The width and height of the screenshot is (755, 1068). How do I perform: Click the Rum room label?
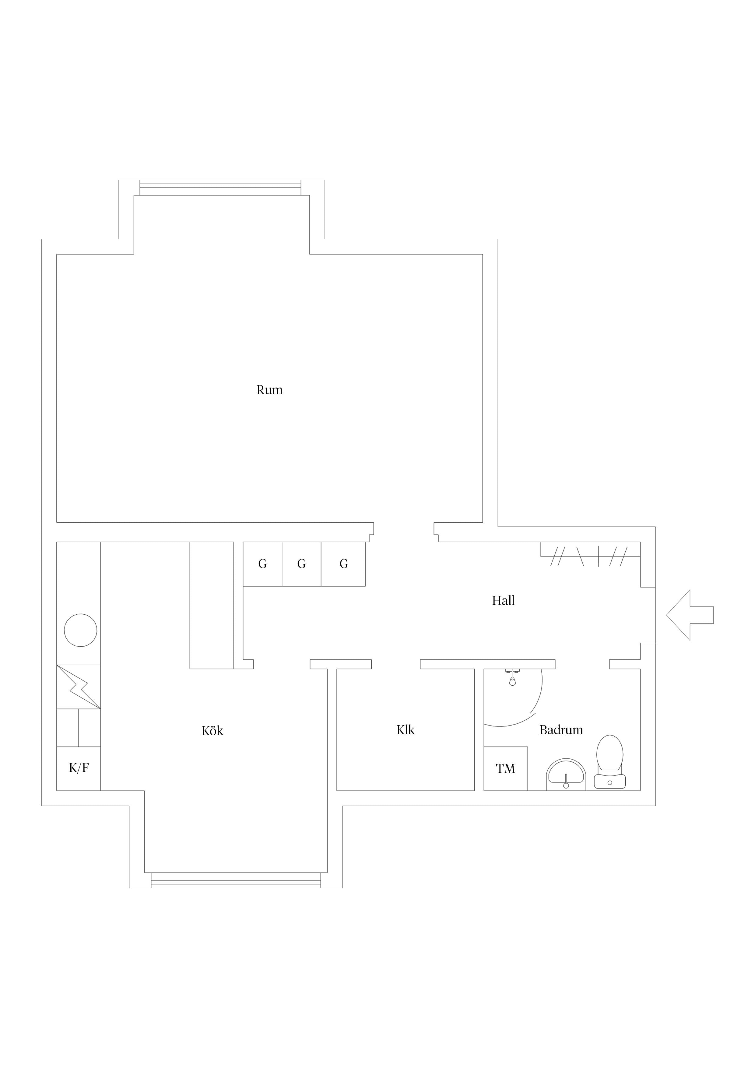(269, 390)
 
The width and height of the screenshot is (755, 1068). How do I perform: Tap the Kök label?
(212, 731)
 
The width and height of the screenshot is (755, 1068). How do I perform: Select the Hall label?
(503, 600)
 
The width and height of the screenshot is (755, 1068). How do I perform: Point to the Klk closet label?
(405, 730)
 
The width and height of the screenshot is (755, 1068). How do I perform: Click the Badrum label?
(561, 730)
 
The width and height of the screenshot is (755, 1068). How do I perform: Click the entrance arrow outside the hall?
(690, 615)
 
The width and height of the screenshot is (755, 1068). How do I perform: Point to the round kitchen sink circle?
(80, 630)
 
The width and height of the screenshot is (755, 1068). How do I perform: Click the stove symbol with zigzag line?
(79, 687)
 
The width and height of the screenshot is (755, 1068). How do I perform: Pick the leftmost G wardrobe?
(262, 564)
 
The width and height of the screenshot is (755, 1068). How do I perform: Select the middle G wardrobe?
(301, 564)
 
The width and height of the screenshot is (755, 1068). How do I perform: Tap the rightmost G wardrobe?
(343, 564)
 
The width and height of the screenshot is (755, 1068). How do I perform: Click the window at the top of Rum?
(220, 188)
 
